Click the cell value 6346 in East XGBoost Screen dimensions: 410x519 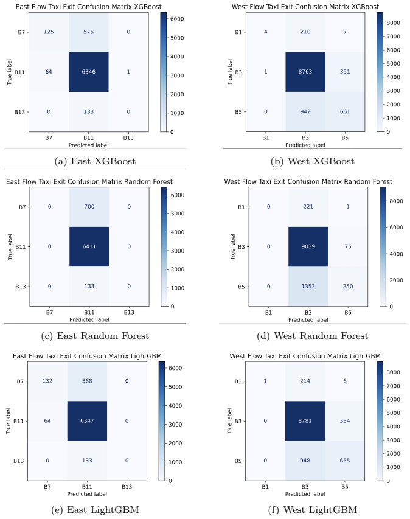pos(88,72)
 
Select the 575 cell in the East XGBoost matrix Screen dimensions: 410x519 pos(88,32)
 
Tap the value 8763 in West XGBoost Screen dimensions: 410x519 pos(305,72)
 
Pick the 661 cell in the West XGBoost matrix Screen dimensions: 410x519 pos(345,111)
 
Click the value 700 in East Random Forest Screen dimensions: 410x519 pos(89,206)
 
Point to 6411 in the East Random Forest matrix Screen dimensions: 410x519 pos(89,246)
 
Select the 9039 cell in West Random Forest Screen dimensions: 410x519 pos(308,246)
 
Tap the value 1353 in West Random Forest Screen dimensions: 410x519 pos(308,287)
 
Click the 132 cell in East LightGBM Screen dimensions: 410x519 pos(47,381)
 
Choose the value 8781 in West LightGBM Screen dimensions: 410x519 pos(305,420)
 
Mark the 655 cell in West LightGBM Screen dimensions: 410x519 pos(344,461)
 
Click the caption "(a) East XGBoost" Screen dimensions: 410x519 pos(95,161)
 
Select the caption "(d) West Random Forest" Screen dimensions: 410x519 pos(313,336)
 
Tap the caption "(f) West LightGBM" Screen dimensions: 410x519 pos(313,509)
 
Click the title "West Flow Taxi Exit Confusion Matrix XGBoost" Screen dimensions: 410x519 pos(305,7)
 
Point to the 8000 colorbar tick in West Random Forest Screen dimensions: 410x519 pos(396,201)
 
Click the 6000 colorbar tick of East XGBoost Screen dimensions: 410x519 pos(177,19)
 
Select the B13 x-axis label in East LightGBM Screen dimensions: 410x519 pos(127,487)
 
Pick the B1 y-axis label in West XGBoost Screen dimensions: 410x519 pos(238,32)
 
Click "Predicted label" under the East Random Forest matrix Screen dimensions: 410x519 pos(89,320)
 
